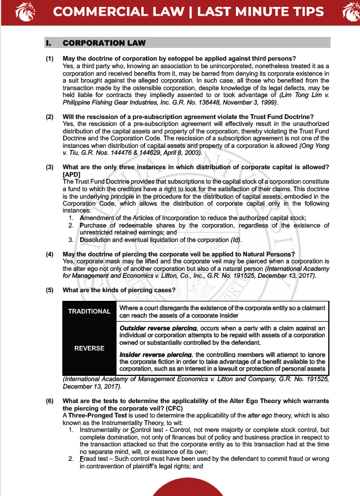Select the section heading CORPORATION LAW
[104, 43]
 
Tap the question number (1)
[50, 59]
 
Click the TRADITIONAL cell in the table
[89, 312]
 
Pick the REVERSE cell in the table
[89, 348]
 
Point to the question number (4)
[50, 255]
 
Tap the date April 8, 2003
[179, 153]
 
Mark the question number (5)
[50, 290]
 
